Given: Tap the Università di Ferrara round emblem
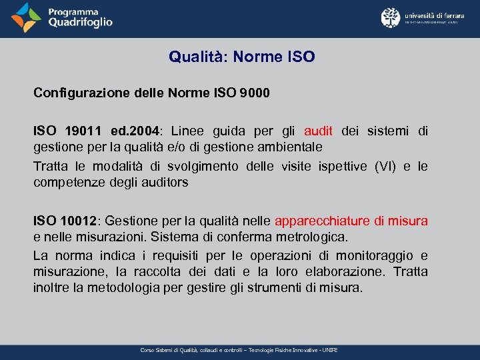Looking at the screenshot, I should (x=391, y=17).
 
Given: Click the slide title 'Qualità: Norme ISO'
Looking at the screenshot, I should (x=241, y=57).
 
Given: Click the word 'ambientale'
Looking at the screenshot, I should (x=293, y=146).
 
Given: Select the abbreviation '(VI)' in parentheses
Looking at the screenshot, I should (x=387, y=166).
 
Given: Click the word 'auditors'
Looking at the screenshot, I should (x=165, y=181).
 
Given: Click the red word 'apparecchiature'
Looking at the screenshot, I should (x=322, y=221).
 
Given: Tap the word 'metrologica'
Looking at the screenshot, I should (x=315, y=236).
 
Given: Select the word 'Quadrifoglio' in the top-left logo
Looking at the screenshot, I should (x=80, y=23).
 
